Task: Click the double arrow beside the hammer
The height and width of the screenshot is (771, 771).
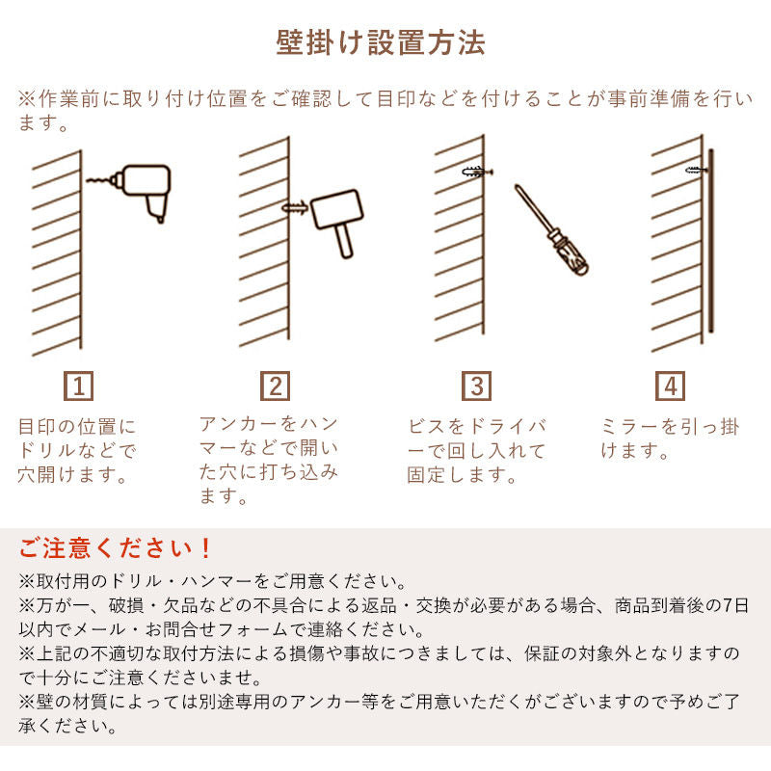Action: tap(295, 206)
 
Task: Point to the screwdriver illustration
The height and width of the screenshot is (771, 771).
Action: tap(551, 231)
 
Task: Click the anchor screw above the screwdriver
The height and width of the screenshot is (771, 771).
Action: tap(476, 172)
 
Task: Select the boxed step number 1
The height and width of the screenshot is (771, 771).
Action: tap(79, 386)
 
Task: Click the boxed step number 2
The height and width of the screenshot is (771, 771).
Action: tap(276, 386)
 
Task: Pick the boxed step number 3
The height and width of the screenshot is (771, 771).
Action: tap(476, 386)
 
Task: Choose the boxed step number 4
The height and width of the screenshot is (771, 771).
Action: tap(670, 386)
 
